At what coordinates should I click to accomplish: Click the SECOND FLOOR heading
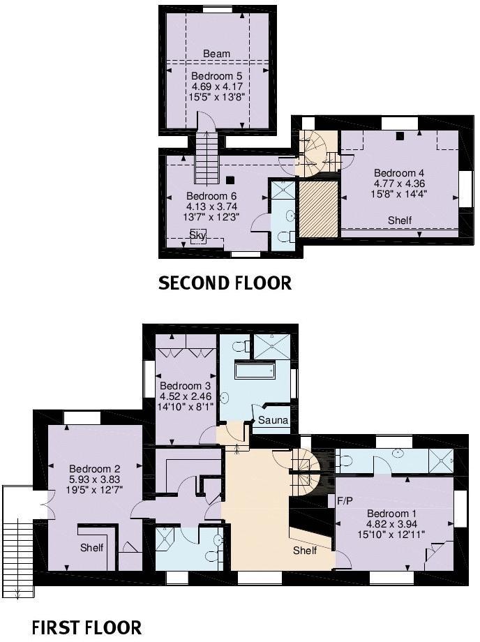[x=225, y=283]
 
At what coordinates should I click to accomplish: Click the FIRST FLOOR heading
[x=87, y=627]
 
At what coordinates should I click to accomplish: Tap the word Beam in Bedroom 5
[x=216, y=54]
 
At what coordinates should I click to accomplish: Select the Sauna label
[x=273, y=420]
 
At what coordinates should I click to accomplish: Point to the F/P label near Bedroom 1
[x=345, y=500]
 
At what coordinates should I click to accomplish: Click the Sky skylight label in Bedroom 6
[x=198, y=235]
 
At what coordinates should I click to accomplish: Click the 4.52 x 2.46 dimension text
[x=186, y=396]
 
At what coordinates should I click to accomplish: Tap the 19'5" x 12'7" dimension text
[x=94, y=489]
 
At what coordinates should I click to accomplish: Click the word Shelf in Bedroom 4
[x=400, y=221]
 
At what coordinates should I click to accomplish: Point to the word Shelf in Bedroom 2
[x=91, y=547]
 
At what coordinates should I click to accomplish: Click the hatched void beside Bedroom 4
[x=318, y=209]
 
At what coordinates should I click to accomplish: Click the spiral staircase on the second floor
[x=317, y=154]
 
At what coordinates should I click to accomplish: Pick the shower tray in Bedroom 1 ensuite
[x=441, y=461]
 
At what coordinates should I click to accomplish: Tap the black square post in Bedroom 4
[x=400, y=136]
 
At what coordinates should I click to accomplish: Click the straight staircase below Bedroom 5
[x=207, y=158]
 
